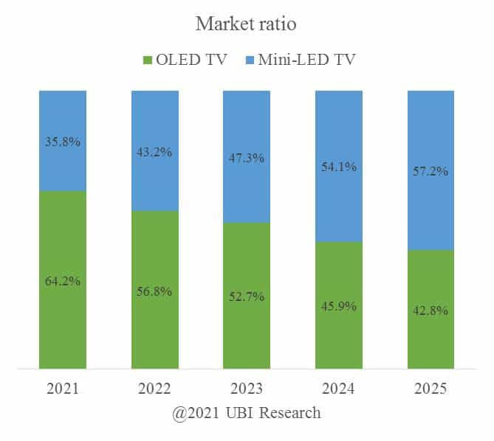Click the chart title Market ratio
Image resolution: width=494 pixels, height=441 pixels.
(x=246, y=24)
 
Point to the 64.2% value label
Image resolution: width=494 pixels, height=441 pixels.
(x=63, y=281)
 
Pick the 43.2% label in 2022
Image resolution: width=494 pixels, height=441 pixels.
(x=154, y=153)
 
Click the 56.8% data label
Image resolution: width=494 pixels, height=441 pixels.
(x=154, y=291)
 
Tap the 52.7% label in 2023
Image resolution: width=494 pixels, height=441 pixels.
(x=247, y=296)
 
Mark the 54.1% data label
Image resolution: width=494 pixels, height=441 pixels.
(x=339, y=167)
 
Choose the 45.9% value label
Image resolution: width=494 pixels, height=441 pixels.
(x=339, y=305)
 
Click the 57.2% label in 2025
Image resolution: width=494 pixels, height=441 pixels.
(x=431, y=171)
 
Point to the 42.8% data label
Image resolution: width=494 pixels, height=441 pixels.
(x=431, y=310)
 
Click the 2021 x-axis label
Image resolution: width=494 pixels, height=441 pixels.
(x=63, y=389)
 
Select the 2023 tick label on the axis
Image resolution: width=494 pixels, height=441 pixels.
(x=247, y=389)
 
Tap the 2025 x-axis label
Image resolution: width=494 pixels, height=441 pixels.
(x=431, y=389)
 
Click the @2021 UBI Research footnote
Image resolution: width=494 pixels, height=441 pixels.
(x=247, y=412)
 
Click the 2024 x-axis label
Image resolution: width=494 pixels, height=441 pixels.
(x=339, y=389)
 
